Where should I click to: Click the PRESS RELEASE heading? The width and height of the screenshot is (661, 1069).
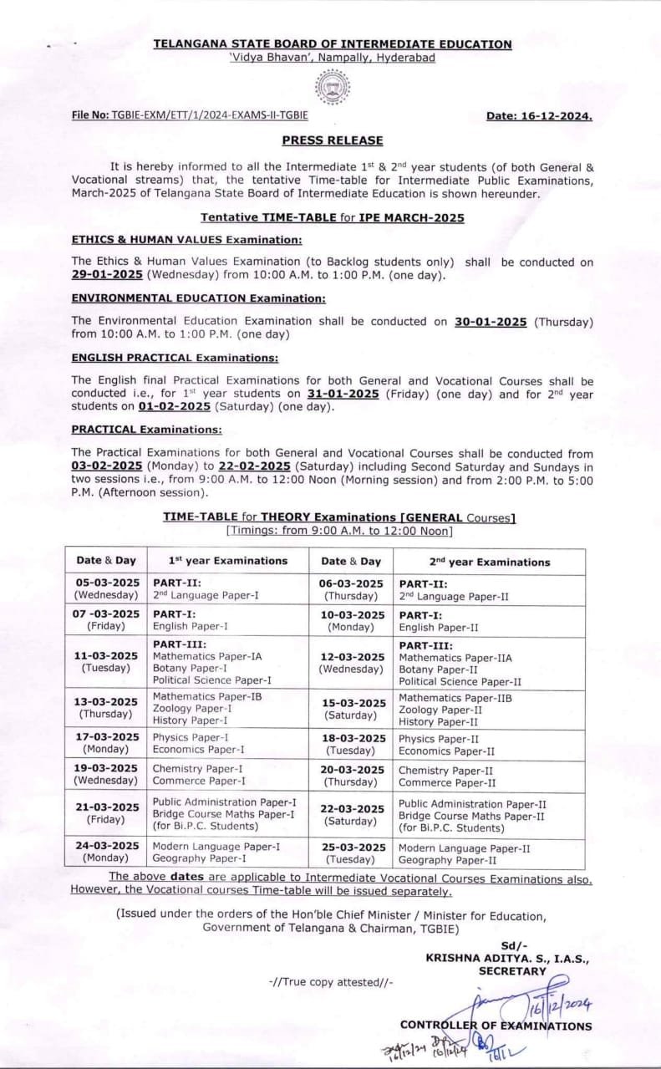[333, 140]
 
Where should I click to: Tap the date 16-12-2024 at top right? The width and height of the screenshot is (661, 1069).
[539, 116]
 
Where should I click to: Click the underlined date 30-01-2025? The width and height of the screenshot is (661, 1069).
[491, 321]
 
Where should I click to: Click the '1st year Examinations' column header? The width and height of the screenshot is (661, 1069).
[228, 561]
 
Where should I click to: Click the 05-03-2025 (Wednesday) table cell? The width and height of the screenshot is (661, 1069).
[106, 589]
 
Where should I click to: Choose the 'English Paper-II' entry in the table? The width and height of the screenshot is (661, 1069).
[439, 627]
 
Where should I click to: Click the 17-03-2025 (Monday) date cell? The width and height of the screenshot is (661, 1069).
[106, 743]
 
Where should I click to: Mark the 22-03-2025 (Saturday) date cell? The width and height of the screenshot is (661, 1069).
[354, 813]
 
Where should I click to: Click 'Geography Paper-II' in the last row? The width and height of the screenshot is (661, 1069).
[447, 859]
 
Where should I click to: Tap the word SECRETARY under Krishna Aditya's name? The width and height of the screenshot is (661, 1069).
[512, 971]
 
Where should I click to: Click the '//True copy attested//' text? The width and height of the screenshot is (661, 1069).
[331, 983]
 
